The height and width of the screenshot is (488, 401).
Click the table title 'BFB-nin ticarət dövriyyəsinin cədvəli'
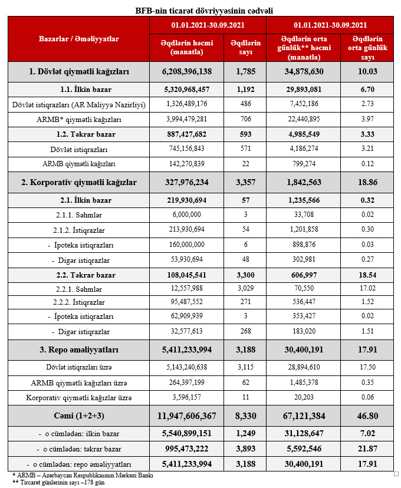click(200, 11)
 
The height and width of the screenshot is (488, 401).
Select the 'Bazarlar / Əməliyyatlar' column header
click(78, 39)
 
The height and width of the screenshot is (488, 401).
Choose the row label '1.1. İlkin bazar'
click(78, 90)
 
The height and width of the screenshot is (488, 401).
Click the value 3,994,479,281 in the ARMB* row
click(186, 120)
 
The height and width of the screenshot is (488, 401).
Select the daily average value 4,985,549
click(304, 134)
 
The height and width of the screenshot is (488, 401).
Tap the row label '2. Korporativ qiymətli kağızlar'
click(78, 182)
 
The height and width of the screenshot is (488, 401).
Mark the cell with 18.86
click(367, 182)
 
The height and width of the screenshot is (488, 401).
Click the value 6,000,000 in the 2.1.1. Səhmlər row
click(186, 215)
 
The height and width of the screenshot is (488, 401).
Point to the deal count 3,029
click(245, 289)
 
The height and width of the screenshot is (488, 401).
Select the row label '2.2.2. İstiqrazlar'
click(78, 302)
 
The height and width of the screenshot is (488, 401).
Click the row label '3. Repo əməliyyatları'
click(78, 350)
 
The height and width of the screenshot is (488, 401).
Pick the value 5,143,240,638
click(186, 367)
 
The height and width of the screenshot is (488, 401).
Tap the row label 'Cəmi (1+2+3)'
click(78, 416)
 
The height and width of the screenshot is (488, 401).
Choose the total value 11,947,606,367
click(186, 416)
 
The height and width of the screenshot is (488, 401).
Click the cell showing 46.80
click(367, 416)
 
